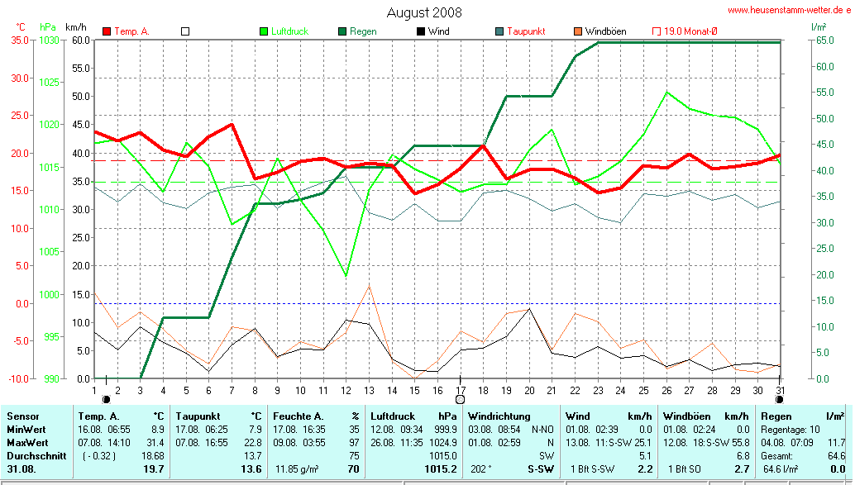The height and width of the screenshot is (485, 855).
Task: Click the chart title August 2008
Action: click(424, 12)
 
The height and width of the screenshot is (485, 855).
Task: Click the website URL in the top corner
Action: click(789, 11)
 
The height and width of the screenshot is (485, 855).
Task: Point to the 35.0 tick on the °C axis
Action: click(18, 40)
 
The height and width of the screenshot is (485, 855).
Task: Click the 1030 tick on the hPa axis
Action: click(50, 40)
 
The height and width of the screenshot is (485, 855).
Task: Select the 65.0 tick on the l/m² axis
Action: click(824, 40)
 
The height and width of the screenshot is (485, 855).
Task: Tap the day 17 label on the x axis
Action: click(460, 390)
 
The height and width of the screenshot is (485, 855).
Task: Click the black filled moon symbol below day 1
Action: click(106, 399)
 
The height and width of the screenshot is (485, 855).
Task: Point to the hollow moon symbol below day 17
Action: click(461, 400)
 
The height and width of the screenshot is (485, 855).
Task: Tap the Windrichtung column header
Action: click(499, 416)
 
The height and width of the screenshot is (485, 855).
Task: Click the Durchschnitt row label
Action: click(33, 456)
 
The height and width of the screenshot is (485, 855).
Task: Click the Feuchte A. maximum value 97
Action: click(354, 443)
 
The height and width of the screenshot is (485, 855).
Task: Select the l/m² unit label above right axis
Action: click(819, 27)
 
